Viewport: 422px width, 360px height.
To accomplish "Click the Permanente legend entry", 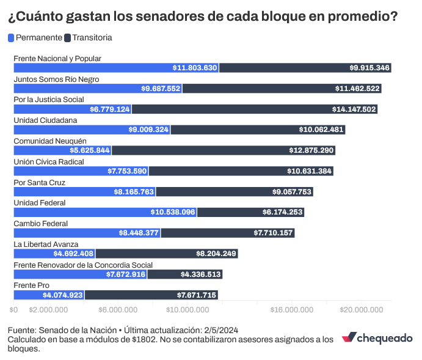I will click(x=35, y=38).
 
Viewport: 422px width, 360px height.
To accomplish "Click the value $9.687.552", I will click(x=161, y=89).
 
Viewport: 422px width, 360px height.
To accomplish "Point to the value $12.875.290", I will click(x=311, y=150).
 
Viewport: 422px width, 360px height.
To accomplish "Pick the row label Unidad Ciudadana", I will click(x=45, y=120).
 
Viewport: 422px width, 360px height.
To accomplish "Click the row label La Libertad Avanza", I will click(x=46, y=244).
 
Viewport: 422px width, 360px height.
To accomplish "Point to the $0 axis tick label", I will click(x=15, y=310).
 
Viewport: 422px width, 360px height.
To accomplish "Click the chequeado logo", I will click(x=377, y=338).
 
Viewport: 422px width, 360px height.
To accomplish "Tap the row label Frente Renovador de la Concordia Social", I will click(x=83, y=265).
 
